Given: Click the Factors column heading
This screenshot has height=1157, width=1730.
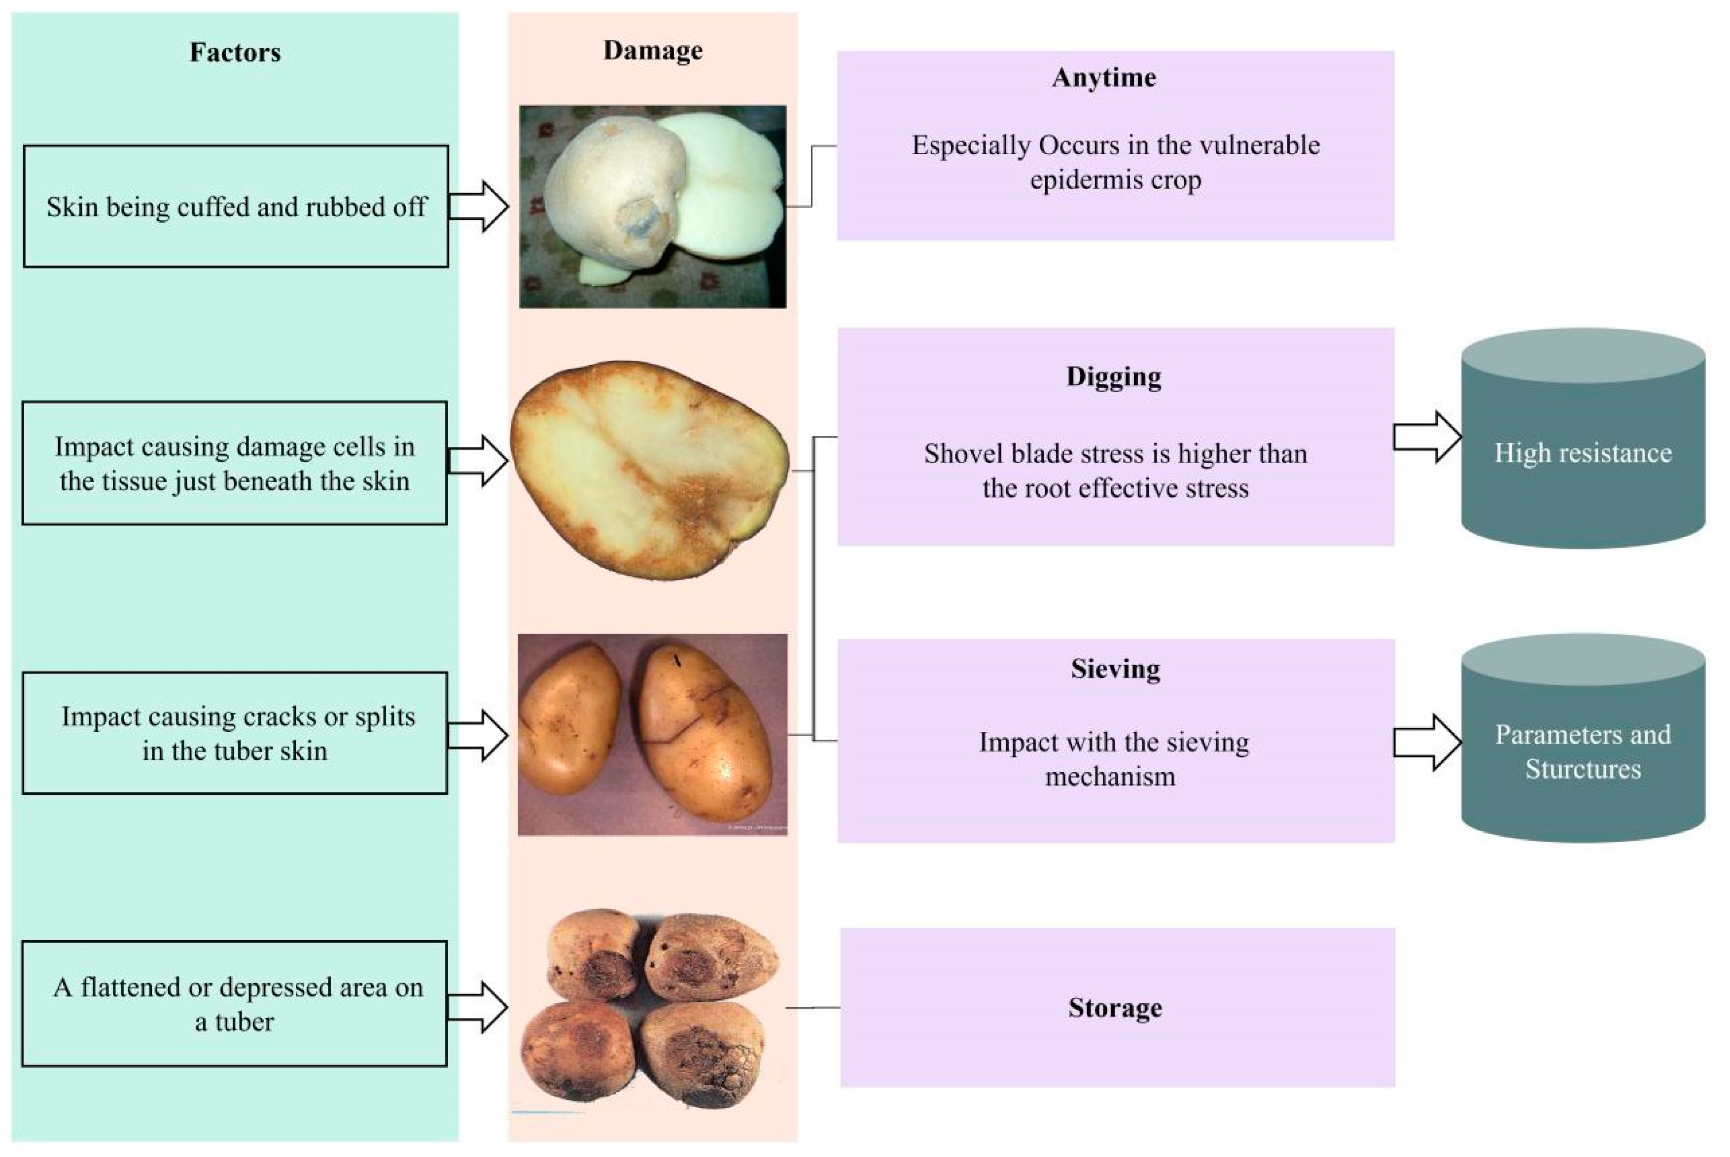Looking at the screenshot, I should tap(236, 52).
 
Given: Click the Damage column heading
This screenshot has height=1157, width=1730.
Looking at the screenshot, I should tap(652, 50).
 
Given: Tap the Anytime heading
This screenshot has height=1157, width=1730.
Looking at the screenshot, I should tap(1104, 77).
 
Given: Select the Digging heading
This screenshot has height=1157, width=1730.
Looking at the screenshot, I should tap(1114, 376).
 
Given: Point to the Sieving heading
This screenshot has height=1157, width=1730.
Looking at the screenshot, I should tap(1115, 669).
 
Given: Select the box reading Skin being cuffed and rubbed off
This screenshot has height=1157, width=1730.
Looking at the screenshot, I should tap(236, 206).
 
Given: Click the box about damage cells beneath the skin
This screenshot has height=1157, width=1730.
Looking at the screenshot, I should tap(235, 463).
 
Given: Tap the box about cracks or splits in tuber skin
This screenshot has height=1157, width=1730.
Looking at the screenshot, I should tap(235, 733).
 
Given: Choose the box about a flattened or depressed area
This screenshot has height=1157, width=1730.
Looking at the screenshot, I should tap(235, 1004).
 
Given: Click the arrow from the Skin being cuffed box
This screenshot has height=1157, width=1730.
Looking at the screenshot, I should tap(478, 206).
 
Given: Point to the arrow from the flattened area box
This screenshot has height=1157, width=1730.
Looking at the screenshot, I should tap(478, 1007).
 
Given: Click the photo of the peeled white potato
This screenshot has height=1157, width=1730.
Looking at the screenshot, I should tap(652, 206).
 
